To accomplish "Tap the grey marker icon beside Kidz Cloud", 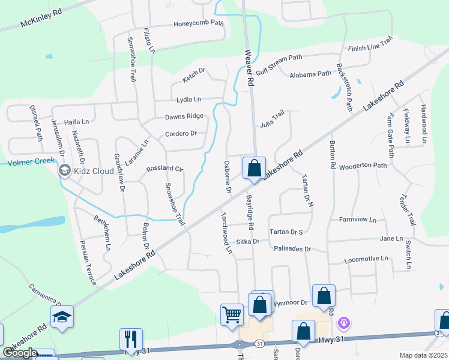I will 64,171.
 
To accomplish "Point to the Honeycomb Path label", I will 198,24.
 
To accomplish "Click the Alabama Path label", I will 310,74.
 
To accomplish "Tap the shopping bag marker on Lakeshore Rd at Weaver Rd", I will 254,168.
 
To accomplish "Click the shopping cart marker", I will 232,314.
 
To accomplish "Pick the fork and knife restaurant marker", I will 130,340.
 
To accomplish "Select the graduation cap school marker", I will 62,318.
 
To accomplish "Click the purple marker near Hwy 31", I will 343,323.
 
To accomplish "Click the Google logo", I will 20,353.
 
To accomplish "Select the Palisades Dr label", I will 292,248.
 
